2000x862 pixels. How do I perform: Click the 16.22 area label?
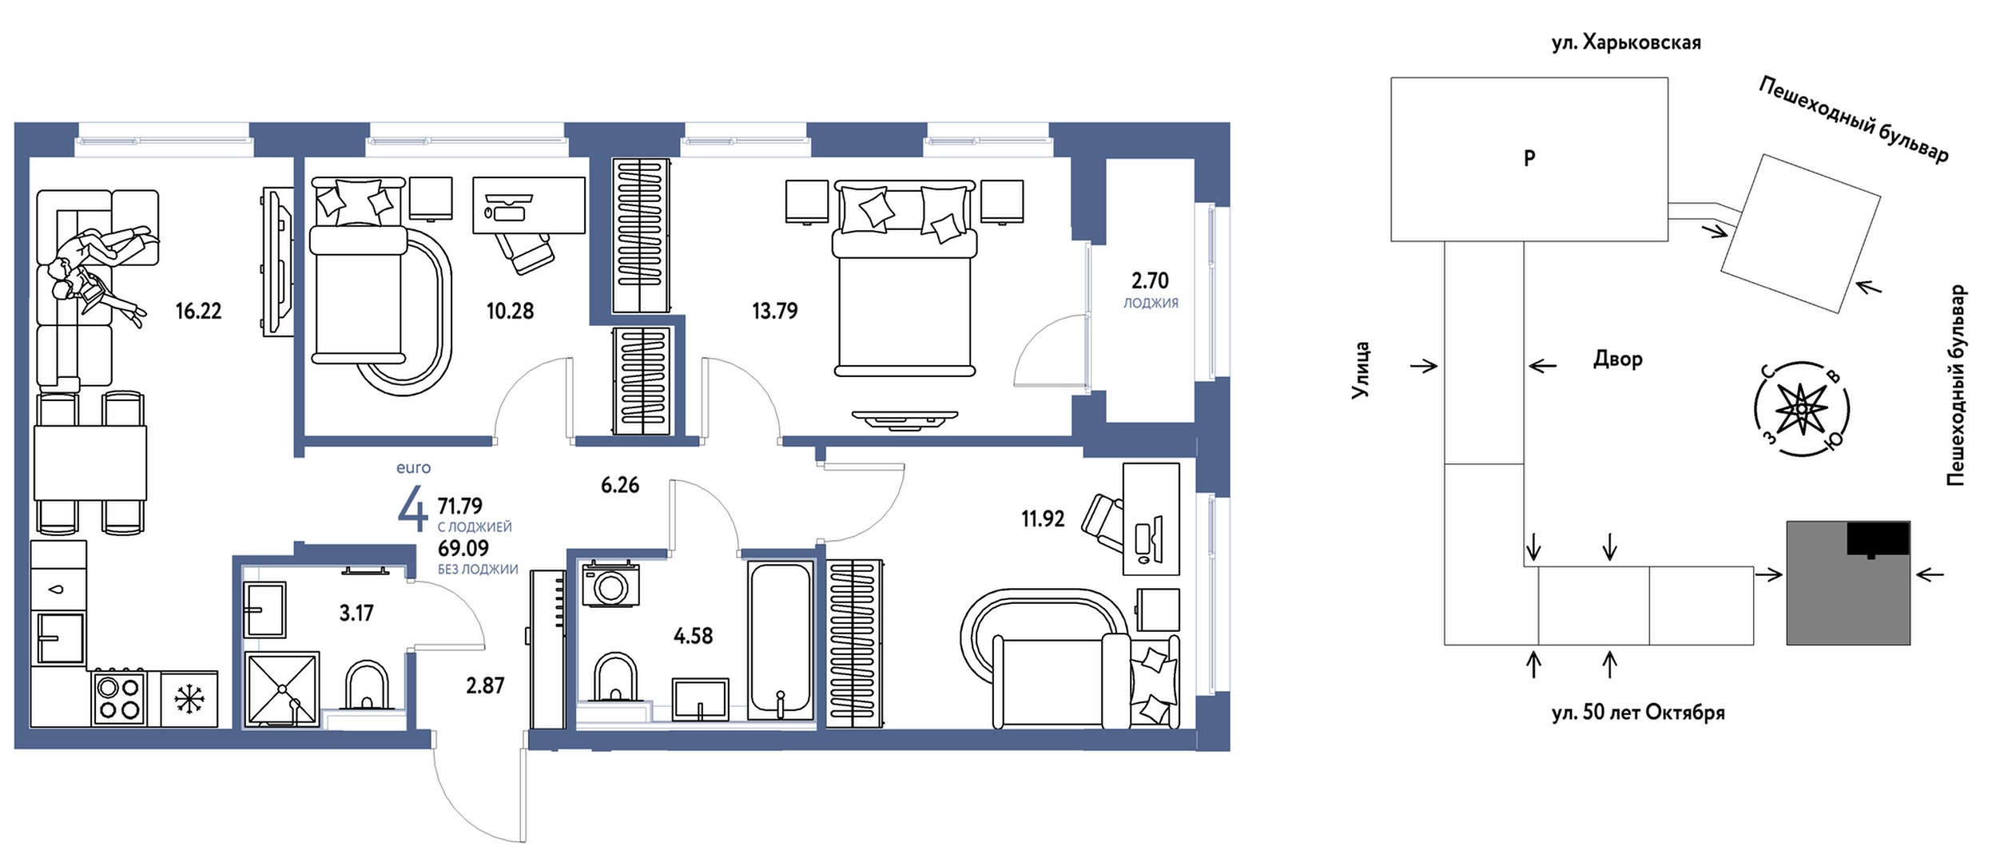[x=198, y=311]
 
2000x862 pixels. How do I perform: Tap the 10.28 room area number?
[x=510, y=311]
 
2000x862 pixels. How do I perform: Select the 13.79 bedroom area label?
[x=774, y=311]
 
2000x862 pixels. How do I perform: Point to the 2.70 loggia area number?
[x=1150, y=280]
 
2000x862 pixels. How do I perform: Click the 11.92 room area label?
[x=1043, y=519]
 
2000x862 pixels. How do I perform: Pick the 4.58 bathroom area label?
[x=693, y=636]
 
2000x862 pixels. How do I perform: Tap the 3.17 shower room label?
[x=356, y=613]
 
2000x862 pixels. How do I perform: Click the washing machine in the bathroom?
[x=611, y=586]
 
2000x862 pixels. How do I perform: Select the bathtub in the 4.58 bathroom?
[x=781, y=641]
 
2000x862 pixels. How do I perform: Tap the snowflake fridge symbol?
[x=189, y=700]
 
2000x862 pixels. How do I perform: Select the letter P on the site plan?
[x=1529, y=158]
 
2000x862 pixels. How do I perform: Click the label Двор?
[x=1618, y=359]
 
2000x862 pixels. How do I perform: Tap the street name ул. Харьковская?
[x=1626, y=42]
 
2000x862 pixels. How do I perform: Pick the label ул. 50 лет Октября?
[x=1638, y=712]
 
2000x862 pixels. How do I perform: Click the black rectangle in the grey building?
[x=1878, y=539]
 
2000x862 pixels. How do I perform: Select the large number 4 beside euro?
[x=413, y=509]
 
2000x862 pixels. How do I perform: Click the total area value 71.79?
[x=460, y=506]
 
